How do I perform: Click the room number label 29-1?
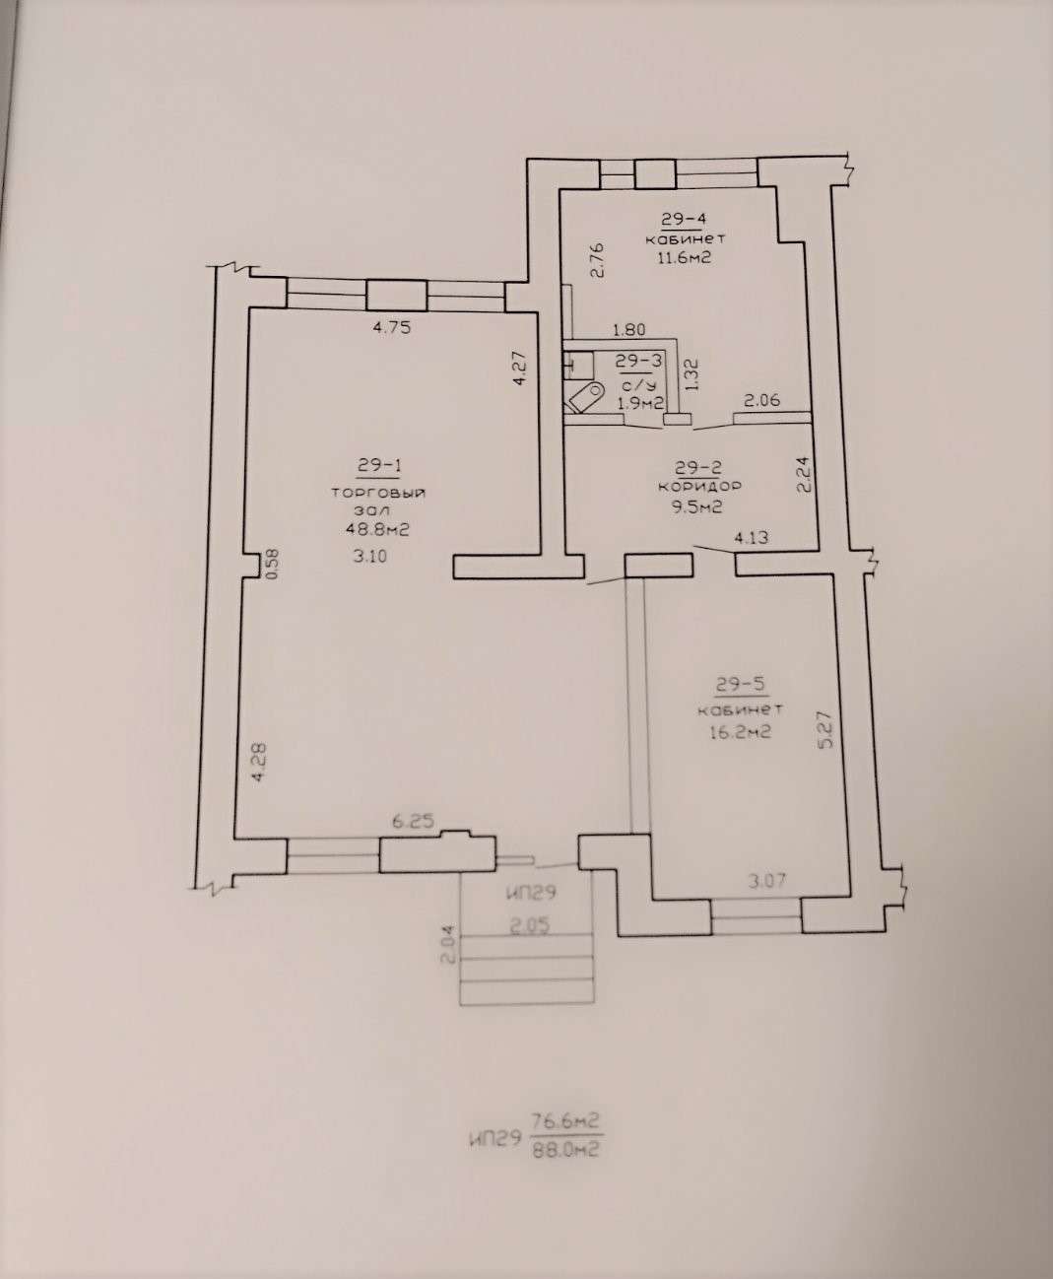point(378,466)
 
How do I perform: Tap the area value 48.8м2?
point(377,529)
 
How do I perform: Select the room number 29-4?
point(682,219)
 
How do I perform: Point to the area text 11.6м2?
point(685,257)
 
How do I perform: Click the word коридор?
point(699,486)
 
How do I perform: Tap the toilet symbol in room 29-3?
point(583,397)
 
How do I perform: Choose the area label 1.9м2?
point(640,403)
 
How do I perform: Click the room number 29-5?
point(741,684)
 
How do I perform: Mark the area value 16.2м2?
point(740,732)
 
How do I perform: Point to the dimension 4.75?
point(392,327)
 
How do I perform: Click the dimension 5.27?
point(826,729)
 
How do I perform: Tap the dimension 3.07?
point(767,881)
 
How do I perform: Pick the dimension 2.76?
point(597,260)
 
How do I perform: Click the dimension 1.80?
point(629,329)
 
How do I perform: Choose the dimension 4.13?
point(751,538)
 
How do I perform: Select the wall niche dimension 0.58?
point(273,563)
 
